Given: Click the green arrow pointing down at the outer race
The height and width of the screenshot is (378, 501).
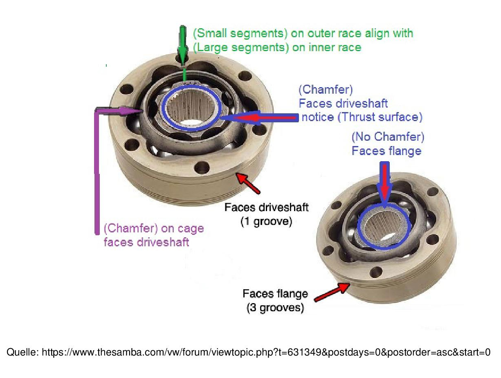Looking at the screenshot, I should [x=182, y=45].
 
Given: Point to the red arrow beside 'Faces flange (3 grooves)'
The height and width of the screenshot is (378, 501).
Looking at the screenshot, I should [x=333, y=292].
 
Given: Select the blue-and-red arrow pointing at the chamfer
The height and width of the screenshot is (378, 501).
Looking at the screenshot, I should [x=262, y=117].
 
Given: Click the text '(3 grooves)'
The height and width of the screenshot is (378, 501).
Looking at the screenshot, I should [x=275, y=307].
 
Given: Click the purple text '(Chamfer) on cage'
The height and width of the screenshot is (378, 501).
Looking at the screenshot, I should [x=154, y=228].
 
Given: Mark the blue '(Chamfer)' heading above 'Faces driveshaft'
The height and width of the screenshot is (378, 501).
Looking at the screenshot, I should [x=326, y=90].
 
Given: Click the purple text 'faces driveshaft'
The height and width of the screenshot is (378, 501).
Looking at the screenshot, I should [x=146, y=242].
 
